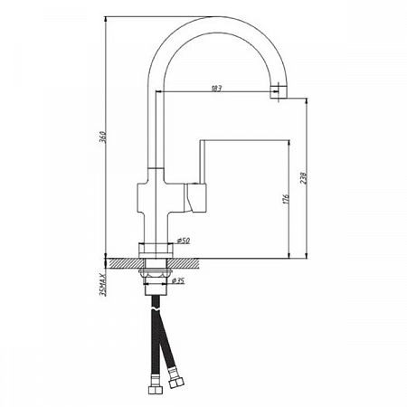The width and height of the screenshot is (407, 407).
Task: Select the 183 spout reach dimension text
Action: [217, 88]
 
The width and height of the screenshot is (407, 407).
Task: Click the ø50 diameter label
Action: [183, 241]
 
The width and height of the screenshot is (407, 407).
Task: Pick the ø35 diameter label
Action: [179, 283]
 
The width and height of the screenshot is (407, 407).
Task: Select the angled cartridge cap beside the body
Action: [195, 195]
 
